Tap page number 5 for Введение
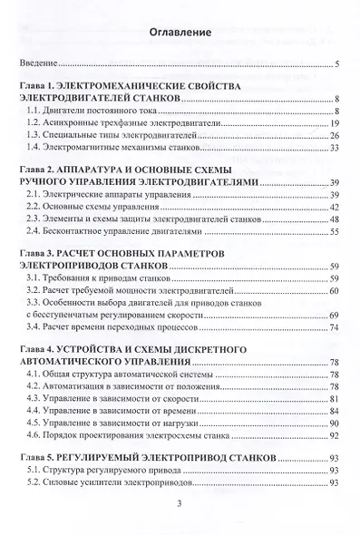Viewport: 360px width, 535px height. [336, 64]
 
